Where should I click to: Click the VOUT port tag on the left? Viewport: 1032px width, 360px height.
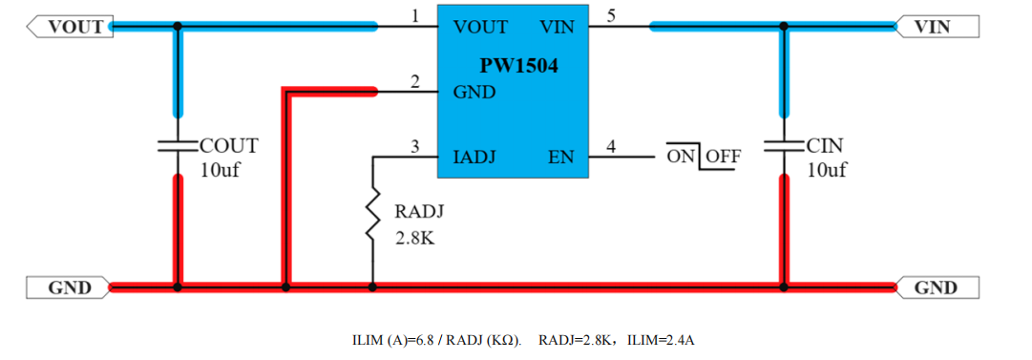(69, 27)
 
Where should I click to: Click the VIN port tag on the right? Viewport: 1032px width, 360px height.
(937, 27)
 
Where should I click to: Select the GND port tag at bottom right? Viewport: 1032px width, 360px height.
(937, 287)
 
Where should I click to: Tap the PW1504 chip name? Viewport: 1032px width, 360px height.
(518, 67)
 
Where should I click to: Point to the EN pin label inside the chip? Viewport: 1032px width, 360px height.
(561, 158)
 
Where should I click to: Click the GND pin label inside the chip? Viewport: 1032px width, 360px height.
(474, 93)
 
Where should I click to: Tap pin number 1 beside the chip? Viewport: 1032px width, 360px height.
(414, 16)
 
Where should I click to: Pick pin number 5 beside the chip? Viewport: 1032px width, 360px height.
(611, 16)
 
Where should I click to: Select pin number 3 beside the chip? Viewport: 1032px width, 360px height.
(414, 147)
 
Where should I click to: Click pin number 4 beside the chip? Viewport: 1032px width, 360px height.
(611, 147)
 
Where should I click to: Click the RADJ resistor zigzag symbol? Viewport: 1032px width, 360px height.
(372, 215)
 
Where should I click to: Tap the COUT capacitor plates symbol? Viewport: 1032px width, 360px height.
(177, 145)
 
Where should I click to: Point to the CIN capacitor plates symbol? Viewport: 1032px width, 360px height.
(783, 145)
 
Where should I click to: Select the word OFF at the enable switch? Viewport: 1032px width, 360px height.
(724, 158)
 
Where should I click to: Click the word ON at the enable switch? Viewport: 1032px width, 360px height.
(682, 158)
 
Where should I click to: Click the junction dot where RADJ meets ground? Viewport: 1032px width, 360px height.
(372, 287)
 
